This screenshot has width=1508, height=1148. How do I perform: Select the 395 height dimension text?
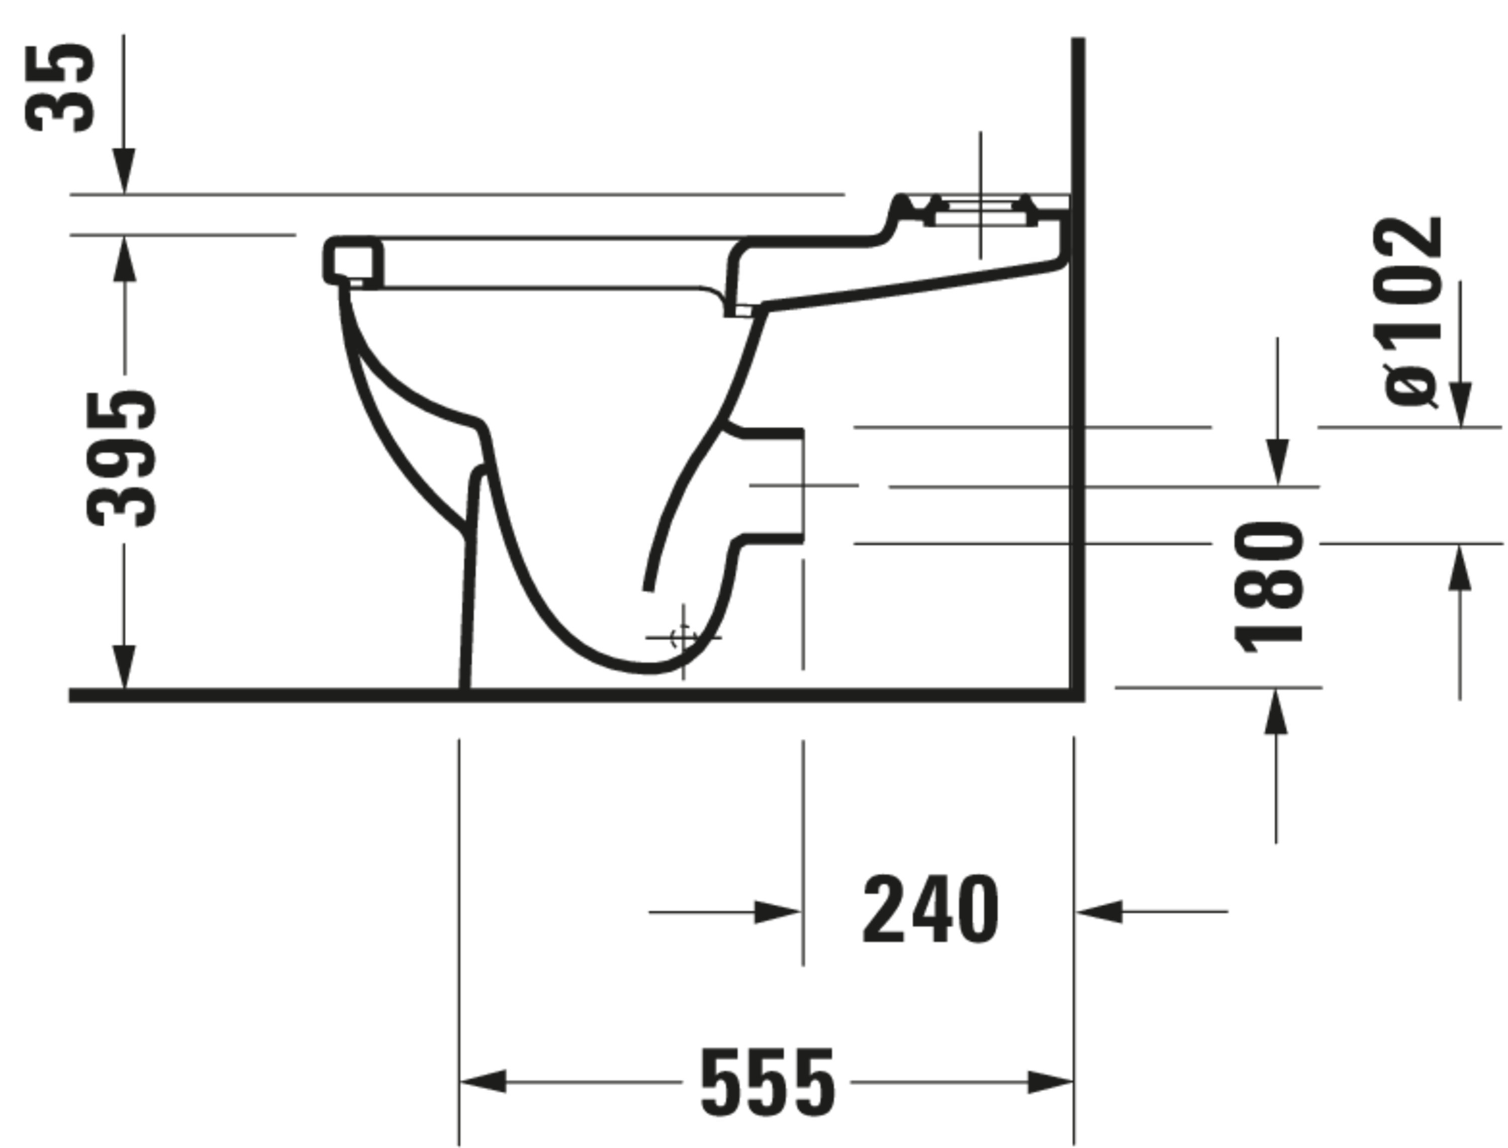pyautogui.click(x=122, y=459)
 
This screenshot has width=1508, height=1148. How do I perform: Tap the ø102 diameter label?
pyautogui.click(x=1409, y=312)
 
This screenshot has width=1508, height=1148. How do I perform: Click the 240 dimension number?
pyautogui.click(x=930, y=911)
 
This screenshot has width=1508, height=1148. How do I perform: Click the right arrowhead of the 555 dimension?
pyautogui.click(x=1050, y=1082)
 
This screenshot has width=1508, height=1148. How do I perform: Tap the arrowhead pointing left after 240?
pyautogui.click(x=1099, y=912)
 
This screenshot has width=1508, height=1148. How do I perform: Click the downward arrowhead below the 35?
pyautogui.click(x=124, y=171)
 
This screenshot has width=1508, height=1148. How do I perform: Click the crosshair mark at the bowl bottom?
pyautogui.click(x=683, y=637)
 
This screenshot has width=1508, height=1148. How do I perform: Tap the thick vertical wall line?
pyautogui.click(x=1078, y=369)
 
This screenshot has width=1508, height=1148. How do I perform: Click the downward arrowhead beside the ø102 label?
pyautogui.click(x=1460, y=405)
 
